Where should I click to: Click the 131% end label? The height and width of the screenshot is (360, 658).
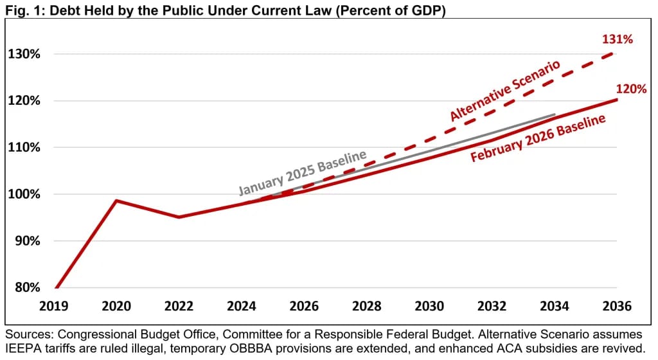[617, 39]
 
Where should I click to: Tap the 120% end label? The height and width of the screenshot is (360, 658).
[630, 89]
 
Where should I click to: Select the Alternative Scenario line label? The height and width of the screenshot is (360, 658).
[505, 91]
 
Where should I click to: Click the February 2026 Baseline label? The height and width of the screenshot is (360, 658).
[538, 139]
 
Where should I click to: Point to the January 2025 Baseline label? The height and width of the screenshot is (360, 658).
[302, 172]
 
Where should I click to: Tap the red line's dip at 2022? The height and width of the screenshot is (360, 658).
[179, 217]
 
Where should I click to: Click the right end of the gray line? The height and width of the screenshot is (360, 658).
[555, 115]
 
